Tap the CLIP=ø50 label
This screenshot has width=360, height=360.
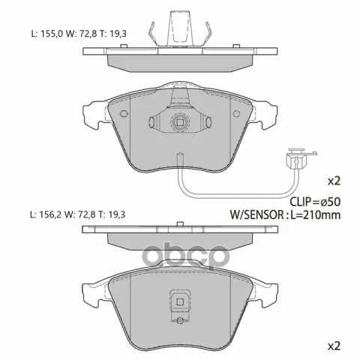pyautogui.click(x=315, y=202)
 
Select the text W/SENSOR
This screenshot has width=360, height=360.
pyautogui.click(x=256, y=214)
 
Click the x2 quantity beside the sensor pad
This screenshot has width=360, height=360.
pyautogui.click(x=334, y=181)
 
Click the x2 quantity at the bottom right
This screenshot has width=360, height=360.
pyautogui.click(x=334, y=346)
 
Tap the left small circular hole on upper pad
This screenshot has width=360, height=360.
pyautogui.click(x=124, y=114)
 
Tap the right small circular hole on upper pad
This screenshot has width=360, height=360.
pyautogui.click(x=236, y=114)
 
